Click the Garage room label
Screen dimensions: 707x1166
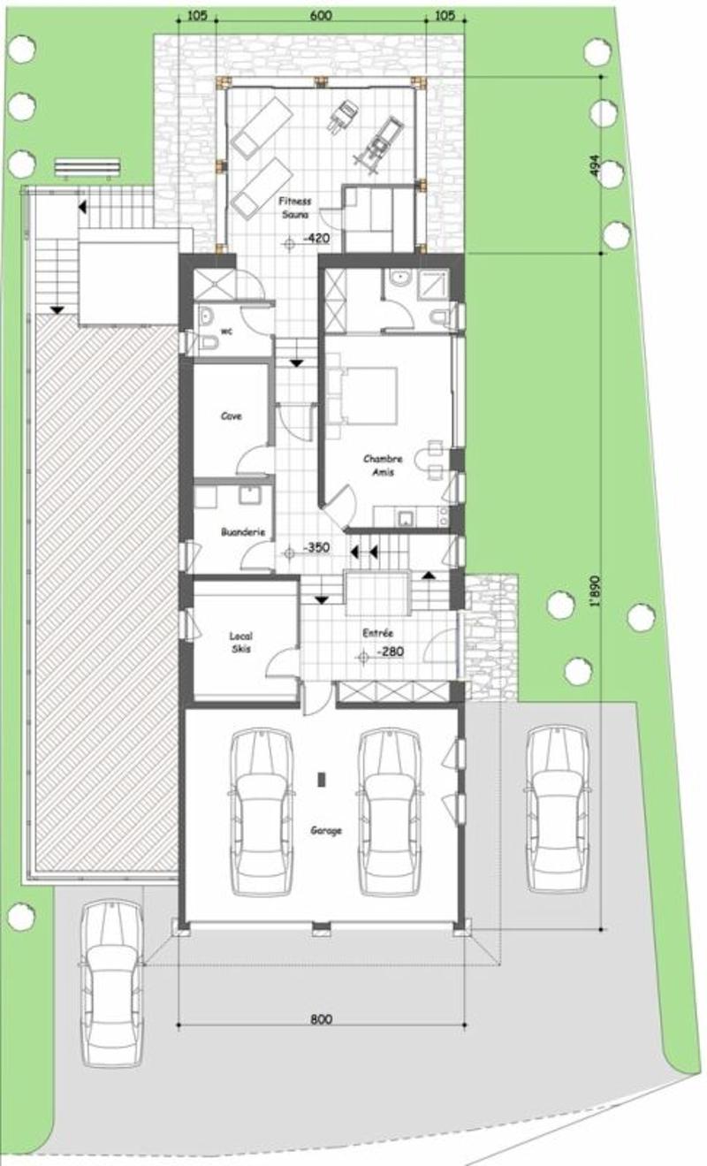coord(326,830)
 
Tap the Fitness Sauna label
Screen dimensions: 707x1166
coord(295,208)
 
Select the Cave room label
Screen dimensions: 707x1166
coord(232,415)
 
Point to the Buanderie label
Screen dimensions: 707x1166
coord(243,532)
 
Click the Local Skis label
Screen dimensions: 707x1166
coord(241,643)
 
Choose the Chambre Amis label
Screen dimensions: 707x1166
coord(383,465)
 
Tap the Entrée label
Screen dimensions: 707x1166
coord(377,633)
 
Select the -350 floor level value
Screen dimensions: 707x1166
coord(316,547)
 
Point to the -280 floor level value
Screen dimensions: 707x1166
coord(391,652)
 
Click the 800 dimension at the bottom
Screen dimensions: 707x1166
coord(321,1020)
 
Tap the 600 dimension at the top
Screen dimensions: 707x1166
coord(321,16)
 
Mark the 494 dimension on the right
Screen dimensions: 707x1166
coord(597,166)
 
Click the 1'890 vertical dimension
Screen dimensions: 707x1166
coord(597,591)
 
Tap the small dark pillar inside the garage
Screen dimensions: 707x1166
coord(322,780)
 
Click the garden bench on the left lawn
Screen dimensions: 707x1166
coord(87,169)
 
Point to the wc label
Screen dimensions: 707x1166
coord(226,332)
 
